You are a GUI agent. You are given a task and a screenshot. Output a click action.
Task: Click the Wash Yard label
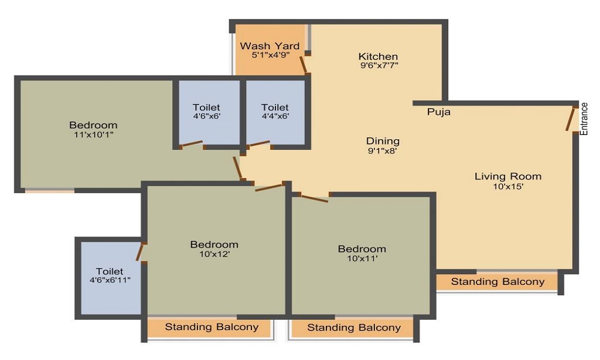[269, 46]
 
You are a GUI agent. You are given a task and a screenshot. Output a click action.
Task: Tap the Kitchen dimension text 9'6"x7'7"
[379, 65]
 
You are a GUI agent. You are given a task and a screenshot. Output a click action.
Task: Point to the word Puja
[439, 112]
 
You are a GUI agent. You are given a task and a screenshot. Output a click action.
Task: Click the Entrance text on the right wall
[584, 119]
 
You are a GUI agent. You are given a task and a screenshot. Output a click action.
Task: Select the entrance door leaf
[571, 119]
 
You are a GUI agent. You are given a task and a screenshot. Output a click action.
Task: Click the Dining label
[383, 141]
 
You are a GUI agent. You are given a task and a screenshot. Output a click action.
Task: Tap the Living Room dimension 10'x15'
[508, 187]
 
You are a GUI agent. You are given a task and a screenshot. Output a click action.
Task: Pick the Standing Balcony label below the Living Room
[497, 282]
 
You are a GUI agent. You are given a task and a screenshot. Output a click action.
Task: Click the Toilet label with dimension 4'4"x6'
[275, 107]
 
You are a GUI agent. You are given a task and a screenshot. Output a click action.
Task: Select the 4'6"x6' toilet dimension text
[206, 116]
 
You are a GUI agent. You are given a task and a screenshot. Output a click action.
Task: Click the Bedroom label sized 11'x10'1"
[93, 125]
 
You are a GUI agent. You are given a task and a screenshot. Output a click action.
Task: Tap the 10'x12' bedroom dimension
[214, 254]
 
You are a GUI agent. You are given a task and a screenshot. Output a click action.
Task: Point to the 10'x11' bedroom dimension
[362, 259]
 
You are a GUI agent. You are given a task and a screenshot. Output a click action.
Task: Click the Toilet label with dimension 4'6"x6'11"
[109, 271]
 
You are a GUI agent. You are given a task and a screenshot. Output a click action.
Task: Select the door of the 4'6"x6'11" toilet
[140, 253]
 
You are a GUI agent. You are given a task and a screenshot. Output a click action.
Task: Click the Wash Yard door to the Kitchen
[304, 65]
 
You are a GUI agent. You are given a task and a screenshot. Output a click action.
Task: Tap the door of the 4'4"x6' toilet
[259, 144]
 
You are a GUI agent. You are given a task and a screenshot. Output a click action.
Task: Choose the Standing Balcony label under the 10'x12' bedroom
[212, 327]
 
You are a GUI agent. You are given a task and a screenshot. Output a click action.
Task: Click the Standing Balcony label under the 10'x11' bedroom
[354, 328]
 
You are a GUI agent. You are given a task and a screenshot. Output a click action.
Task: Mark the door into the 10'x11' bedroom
[314, 199]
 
